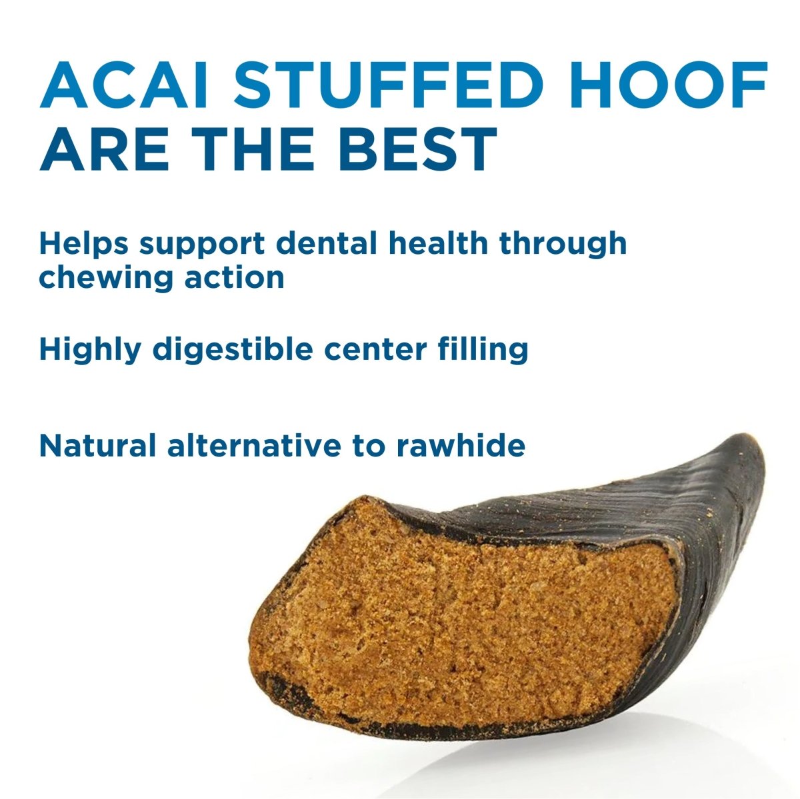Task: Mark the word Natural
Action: click(x=95, y=445)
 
